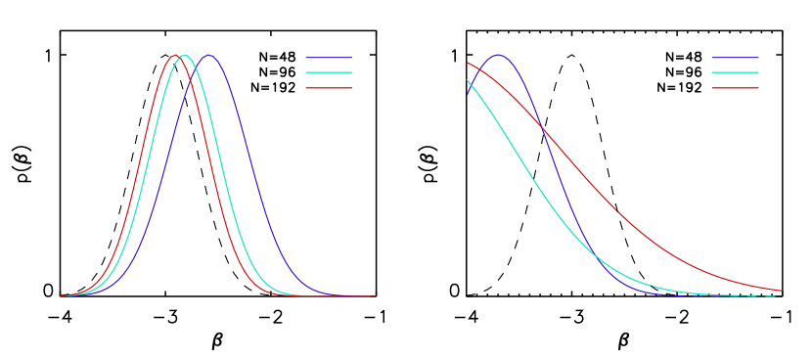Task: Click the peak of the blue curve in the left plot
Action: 208,55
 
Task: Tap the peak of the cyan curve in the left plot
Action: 184,55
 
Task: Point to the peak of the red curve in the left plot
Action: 175,55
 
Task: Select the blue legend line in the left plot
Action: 328,58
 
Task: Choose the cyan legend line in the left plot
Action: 328,72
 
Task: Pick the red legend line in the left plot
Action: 328,88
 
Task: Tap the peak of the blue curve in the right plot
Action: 499,55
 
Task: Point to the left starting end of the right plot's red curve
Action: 467,63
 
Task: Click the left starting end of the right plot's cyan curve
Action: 467,81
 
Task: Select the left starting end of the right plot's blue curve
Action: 467,94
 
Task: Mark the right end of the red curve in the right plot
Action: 782,291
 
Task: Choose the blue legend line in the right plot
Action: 735,58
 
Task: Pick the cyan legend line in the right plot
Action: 735,72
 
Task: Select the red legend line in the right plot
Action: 735,88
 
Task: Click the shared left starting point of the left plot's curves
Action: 61,295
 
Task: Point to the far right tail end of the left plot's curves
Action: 376,295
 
